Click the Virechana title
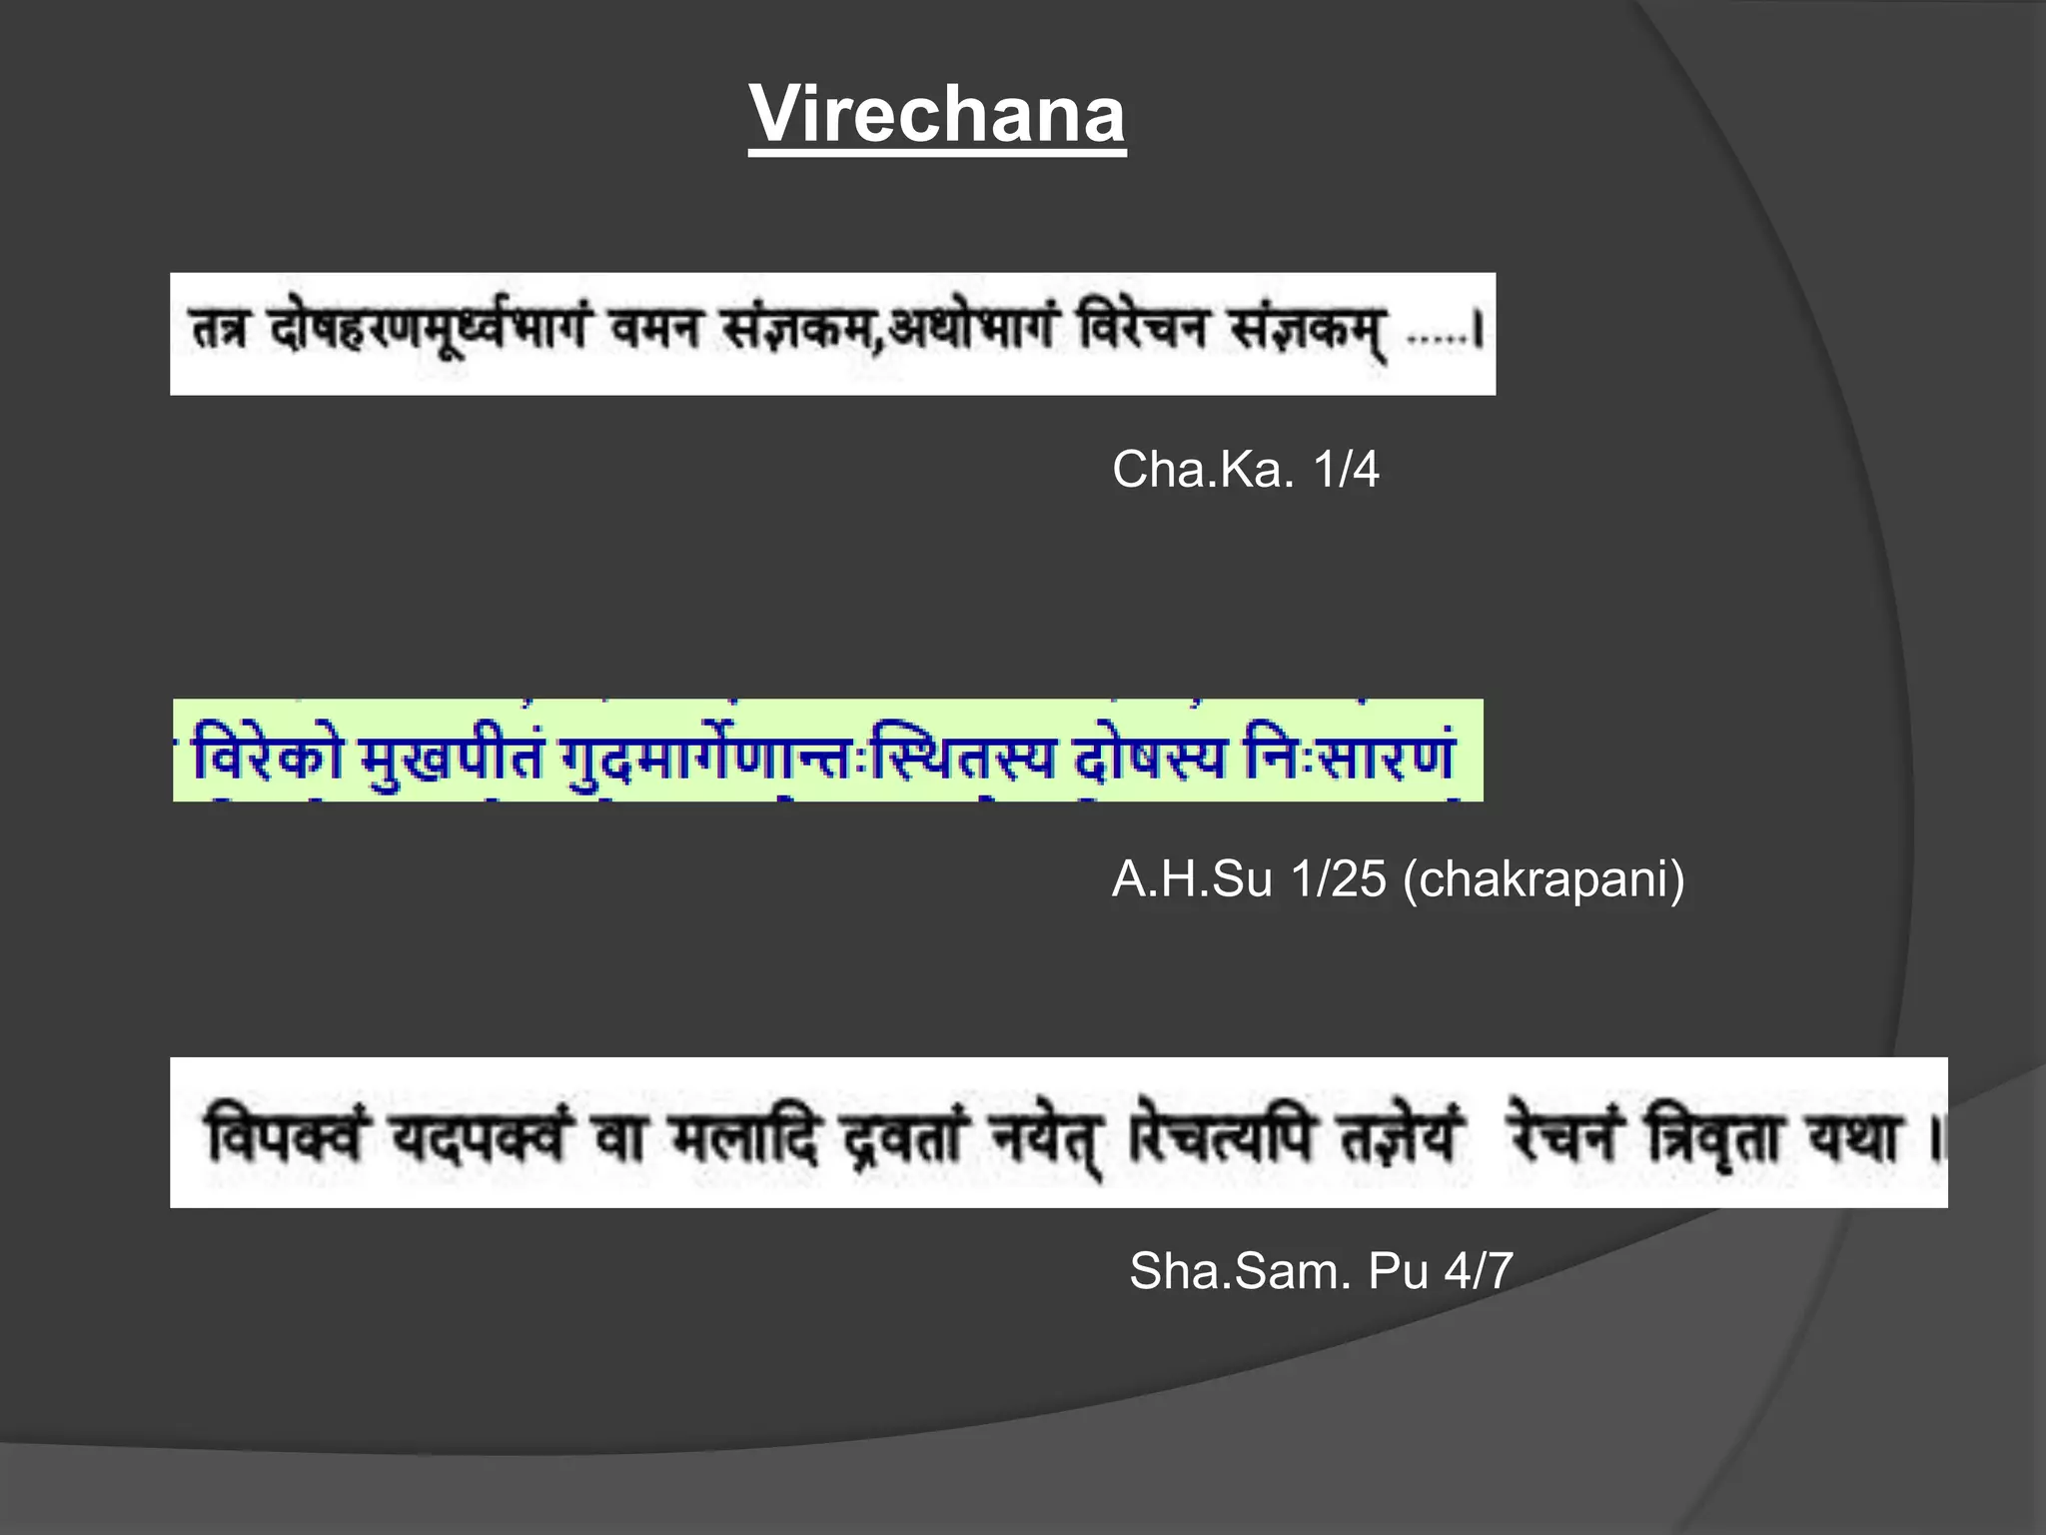937,114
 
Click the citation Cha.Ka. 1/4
1245,469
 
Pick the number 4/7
1479,1271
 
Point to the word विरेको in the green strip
268,757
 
